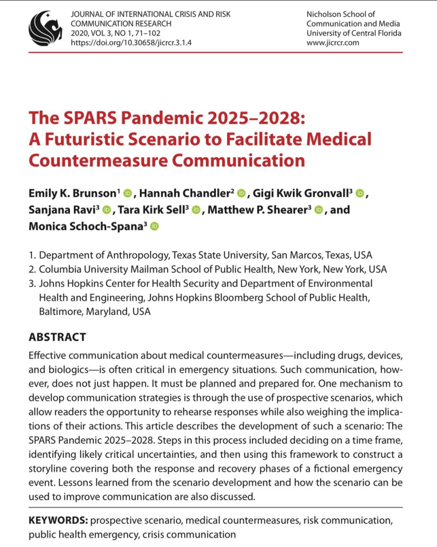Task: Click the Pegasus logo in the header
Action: click(x=47, y=28)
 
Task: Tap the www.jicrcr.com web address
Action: click(x=333, y=43)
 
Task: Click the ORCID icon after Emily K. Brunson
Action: click(x=127, y=193)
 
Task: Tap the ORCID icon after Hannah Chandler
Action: click(x=241, y=193)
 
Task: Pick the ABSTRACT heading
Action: click(x=57, y=337)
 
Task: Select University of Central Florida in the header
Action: click(x=353, y=33)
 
